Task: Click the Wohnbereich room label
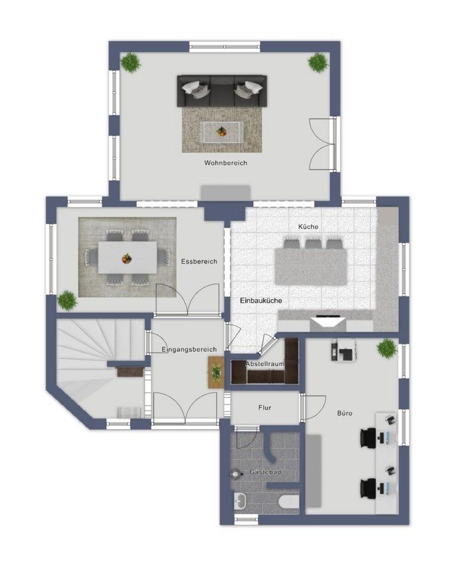click(226, 163)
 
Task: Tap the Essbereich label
click(199, 262)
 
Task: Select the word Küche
click(308, 226)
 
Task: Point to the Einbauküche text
click(261, 301)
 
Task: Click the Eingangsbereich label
click(189, 350)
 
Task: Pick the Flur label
click(265, 408)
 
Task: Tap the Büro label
click(345, 413)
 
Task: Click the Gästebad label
click(265, 473)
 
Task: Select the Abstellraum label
click(265, 364)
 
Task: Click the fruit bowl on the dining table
click(126, 258)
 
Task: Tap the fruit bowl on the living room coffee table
click(221, 132)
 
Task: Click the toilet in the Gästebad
click(289, 502)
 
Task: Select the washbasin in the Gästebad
click(240, 501)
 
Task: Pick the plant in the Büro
click(388, 348)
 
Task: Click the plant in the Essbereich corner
click(67, 300)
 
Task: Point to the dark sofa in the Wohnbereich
click(222, 91)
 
